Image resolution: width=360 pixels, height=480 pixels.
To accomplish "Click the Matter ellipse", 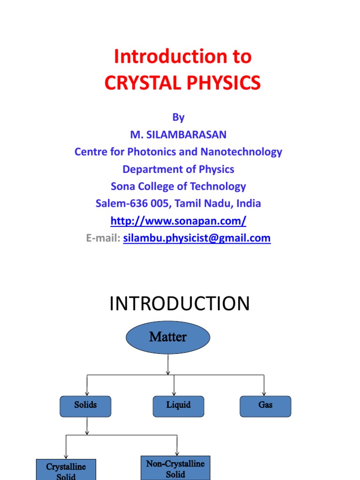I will coord(168,337).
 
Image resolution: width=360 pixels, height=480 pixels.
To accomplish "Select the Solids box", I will coord(85,406).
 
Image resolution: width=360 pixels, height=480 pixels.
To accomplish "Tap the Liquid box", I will coord(179,406).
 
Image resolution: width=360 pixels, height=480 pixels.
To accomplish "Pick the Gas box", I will coord(265,406).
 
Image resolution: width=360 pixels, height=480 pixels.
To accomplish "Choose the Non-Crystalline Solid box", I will coord(175,467).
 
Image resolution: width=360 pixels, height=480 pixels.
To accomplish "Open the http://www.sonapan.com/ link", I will coord(178,221).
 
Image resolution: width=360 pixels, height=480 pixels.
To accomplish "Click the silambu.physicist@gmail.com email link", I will coord(197,238).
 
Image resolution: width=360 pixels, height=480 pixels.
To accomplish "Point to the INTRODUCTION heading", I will coord(180,304).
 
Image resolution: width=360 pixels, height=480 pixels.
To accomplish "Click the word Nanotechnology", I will coord(241,152).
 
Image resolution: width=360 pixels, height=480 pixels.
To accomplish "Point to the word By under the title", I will coord(178,117).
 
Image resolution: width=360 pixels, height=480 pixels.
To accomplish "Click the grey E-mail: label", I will coord(103,238).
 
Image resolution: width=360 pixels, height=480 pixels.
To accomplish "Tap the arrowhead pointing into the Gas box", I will coord(264,394).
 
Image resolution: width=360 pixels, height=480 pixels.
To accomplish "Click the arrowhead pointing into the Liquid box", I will coord(174,394).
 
